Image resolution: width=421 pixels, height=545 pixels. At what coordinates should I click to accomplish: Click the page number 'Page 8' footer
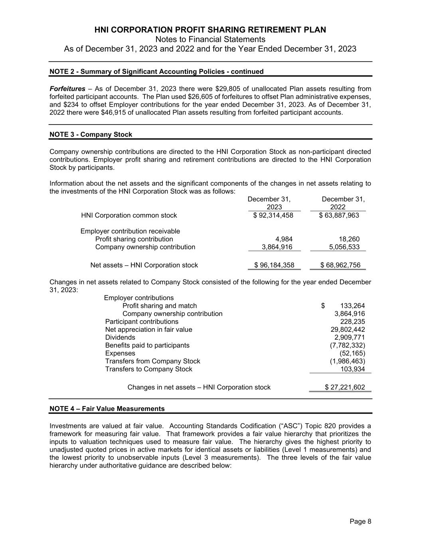pyautogui.click(x=360, y=521)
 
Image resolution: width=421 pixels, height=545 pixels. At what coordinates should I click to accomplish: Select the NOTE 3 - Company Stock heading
pyautogui.click(x=91, y=135)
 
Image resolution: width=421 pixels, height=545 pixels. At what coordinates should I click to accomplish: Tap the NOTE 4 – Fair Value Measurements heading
pyautogui.click(x=107, y=409)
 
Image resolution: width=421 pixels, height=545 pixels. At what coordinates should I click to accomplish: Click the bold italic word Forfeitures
pyautogui.click(x=67, y=89)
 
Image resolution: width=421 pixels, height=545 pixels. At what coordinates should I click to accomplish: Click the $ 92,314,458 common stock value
pyautogui.click(x=273, y=216)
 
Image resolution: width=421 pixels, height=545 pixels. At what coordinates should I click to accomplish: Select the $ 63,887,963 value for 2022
pyautogui.click(x=339, y=216)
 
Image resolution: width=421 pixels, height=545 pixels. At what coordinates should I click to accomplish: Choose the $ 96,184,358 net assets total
pyautogui.click(x=274, y=265)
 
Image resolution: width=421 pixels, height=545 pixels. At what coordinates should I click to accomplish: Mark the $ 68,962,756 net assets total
pyautogui.click(x=340, y=265)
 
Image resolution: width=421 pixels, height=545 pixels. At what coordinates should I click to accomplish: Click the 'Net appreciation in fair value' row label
pyautogui.click(x=148, y=330)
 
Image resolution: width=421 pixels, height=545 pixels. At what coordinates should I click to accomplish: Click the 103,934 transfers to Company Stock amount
pyautogui.click(x=352, y=369)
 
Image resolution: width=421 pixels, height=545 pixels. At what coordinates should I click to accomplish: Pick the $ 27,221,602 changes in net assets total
pyautogui.click(x=345, y=387)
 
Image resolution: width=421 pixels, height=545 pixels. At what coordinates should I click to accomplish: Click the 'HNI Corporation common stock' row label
pyautogui.click(x=129, y=216)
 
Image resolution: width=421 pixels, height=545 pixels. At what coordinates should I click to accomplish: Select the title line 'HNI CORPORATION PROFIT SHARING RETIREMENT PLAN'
pyautogui.click(x=210, y=30)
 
